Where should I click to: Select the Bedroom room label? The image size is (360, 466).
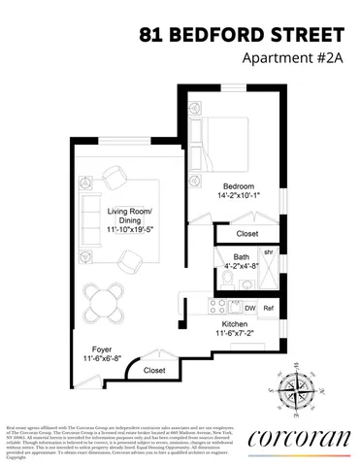click(x=237, y=185)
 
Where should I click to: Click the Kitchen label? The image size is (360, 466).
click(x=236, y=324)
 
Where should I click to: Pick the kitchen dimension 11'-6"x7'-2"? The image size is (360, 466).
click(x=236, y=335)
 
